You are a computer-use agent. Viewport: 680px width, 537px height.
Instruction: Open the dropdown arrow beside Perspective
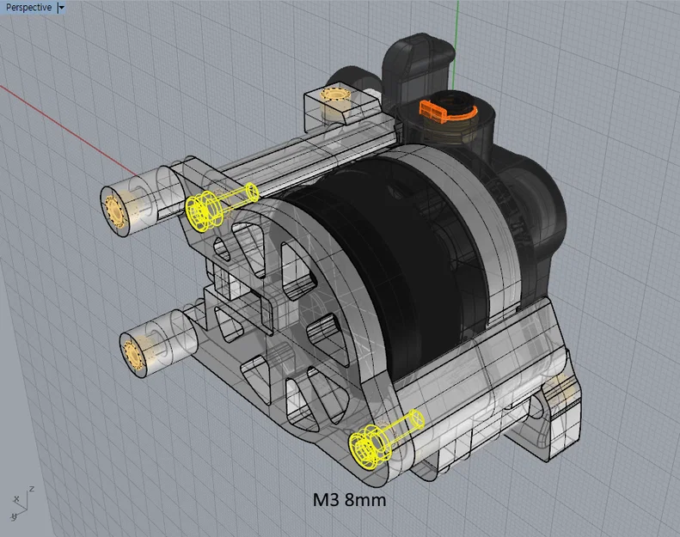click(x=60, y=8)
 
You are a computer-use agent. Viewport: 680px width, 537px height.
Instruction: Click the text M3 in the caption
click(x=328, y=498)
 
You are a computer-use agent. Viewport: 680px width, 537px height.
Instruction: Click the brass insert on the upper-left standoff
click(x=115, y=209)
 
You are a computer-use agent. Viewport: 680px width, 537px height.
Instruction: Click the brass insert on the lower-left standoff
click(x=133, y=355)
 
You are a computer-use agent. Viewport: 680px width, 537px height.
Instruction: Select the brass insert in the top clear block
click(x=333, y=94)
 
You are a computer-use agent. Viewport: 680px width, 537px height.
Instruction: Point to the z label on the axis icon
click(x=31, y=489)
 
